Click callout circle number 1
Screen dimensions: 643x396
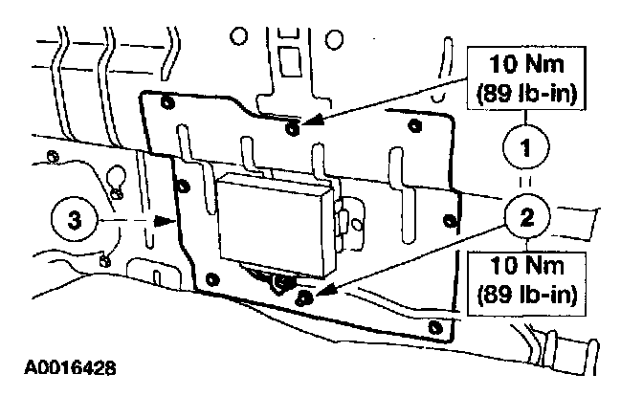pos(523,148)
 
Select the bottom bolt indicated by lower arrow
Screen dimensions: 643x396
pos(305,298)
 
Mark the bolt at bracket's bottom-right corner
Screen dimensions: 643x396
pos(438,328)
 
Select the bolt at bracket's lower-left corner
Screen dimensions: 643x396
pos(213,280)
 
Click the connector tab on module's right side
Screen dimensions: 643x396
pos(343,217)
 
